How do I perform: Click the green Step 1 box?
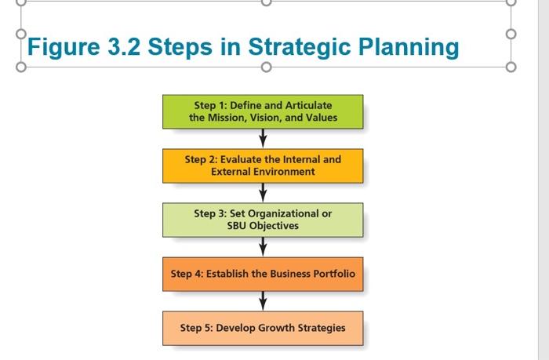pyautogui.click(x=263, y=111)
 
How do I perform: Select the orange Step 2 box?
pyautogui.click(x=263, y=165)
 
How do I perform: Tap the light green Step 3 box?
pyautogui.click(x=263, y=220)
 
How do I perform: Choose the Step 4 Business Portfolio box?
pyautogui.click(x=263, y=275)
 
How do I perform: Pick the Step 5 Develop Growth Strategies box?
pyautogui.click(x=263, y=328)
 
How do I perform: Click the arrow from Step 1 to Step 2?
pyautogui.click(x=263, y=139)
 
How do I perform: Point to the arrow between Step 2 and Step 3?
pyautogui.click(x=263, y=193)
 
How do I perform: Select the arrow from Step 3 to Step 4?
pyautogui.click(x=263, y=247)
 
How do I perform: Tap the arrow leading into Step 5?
pyautogui.click(x=263, y=301)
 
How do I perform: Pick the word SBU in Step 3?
pyautogui.click(x=240, y=226)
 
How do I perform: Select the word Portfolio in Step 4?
pyautogui.click(x=329, y=275)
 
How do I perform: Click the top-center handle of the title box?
pyautogui.click(x=266, y=2)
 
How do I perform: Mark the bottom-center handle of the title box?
pyautogui.click(x=266, y=67)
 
